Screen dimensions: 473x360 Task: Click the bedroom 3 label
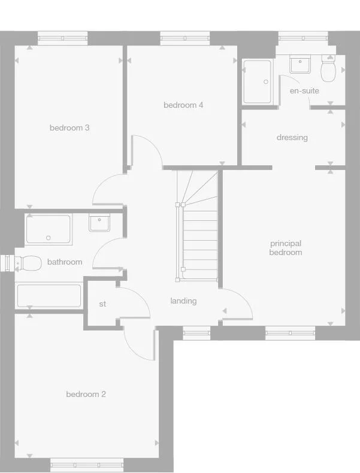click(69, 128)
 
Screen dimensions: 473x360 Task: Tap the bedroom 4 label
click(183, 105)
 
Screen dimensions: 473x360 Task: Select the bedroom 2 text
click(86, 394)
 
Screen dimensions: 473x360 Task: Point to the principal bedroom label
click(286, 248)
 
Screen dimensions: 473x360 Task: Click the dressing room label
click(292, 138)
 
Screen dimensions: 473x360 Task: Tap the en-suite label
click(304, 91)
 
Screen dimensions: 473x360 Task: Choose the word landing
click(183, 301)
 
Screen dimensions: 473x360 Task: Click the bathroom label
click(65, 262)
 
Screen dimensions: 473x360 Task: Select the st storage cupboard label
click(102, 304)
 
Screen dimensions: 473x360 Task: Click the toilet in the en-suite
click(328, 70)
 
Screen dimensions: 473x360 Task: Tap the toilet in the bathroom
click(28, 262)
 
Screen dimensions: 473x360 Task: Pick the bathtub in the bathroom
click(49, 295)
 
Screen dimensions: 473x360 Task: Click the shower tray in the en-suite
click(258, 81)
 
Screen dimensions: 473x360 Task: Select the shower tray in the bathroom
click(49, 229)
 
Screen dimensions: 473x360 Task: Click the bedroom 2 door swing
click(139, 344)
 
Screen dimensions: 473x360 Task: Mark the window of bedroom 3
click(63, 38)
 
